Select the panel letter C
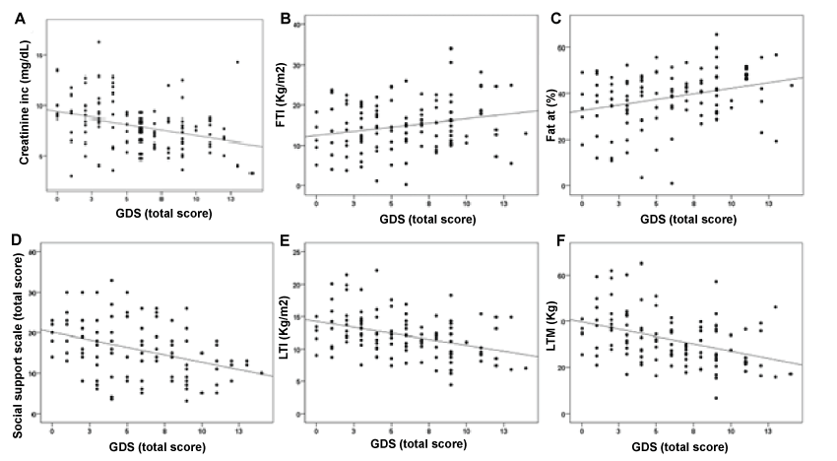click(x=556, y=17)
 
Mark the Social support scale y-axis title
click(x=17, y=335)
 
